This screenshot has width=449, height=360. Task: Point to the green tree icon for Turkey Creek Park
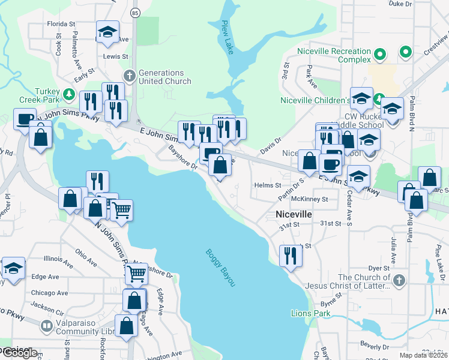69,94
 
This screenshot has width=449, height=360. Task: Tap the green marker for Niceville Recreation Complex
379,55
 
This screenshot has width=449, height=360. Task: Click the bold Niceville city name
294,214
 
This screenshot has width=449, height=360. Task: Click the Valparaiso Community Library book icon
46,326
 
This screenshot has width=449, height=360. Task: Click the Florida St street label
61,24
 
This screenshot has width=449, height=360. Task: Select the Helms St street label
268,186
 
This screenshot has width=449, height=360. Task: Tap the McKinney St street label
309,199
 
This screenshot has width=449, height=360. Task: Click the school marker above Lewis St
108,32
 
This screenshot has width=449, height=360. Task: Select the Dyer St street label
379,268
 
